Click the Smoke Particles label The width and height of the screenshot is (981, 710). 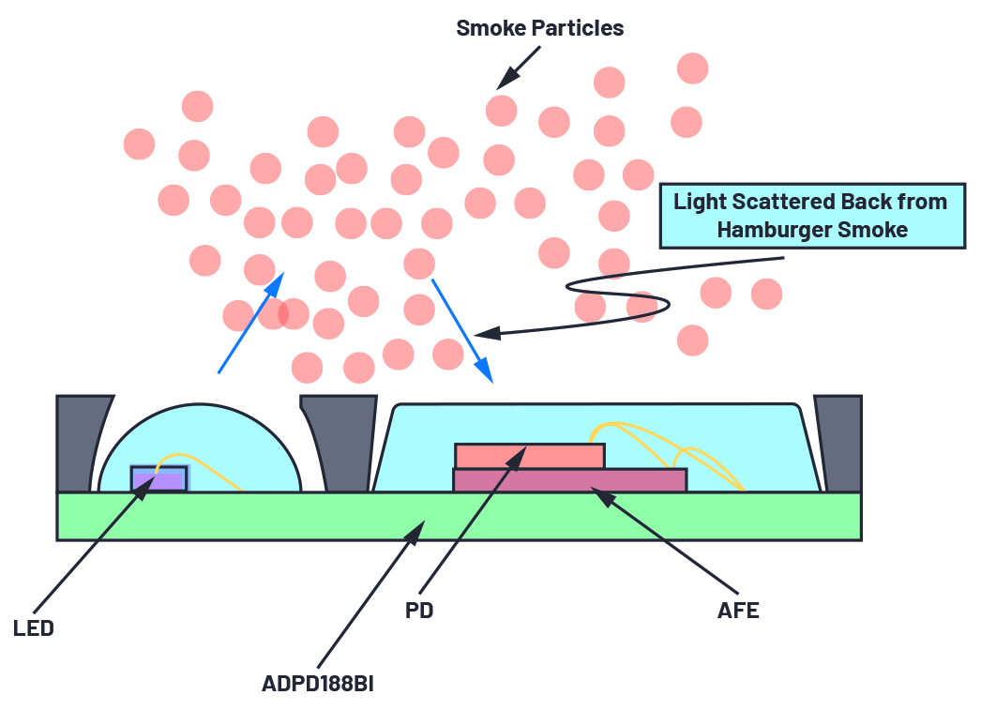point(539,28)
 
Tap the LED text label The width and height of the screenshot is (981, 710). point(34,628)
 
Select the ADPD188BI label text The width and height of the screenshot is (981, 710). point(319,682)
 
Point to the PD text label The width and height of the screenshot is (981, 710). point(420,611)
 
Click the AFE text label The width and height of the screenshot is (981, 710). point(737,611)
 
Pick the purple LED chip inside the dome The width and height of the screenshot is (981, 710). point(158,479)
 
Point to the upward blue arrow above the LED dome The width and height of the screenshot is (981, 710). point(249,324)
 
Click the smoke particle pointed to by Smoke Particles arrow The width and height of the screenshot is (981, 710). point(502,110)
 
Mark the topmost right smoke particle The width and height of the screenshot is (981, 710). point(692,68)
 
